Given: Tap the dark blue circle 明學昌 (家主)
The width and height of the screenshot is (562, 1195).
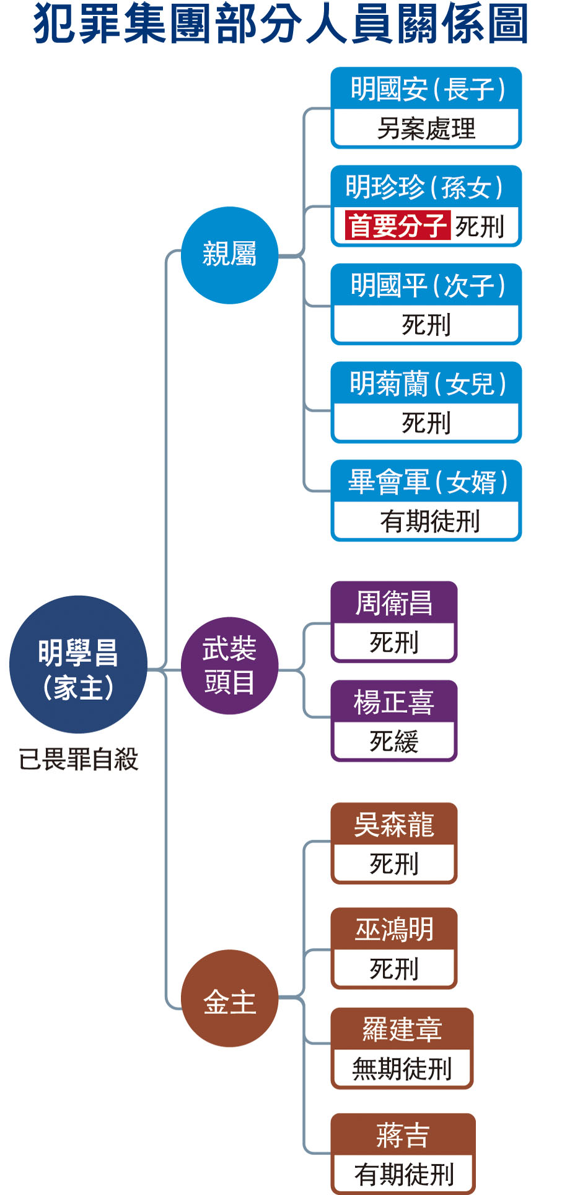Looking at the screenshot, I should (78, 664).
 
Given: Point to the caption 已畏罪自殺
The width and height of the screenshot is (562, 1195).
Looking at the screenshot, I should (78, 759).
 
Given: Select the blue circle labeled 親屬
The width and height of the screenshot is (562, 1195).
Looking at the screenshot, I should (229, 255).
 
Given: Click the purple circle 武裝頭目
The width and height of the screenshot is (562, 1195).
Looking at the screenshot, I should (229, 666).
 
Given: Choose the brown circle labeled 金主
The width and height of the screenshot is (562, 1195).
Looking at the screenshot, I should (229, 998).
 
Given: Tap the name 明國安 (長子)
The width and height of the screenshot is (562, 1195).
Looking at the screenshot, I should (426, 89).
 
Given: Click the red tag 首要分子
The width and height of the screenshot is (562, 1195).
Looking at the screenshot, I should (397, 226).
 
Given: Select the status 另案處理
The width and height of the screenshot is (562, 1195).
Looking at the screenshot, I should (426, 129).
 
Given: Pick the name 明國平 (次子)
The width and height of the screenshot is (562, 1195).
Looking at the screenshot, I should (426, 286).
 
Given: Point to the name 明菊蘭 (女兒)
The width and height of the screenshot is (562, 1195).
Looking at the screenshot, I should (426, 384).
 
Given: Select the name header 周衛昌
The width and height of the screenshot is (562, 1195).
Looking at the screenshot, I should (394, 602).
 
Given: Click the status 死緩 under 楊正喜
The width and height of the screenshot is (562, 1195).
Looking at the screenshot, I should (394, 741).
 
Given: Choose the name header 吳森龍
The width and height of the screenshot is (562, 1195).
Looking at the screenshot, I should (394, 824).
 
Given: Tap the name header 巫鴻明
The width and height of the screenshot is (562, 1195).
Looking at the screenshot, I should (394, 929).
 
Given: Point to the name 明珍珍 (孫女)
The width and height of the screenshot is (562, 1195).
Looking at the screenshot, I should (426, 187).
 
